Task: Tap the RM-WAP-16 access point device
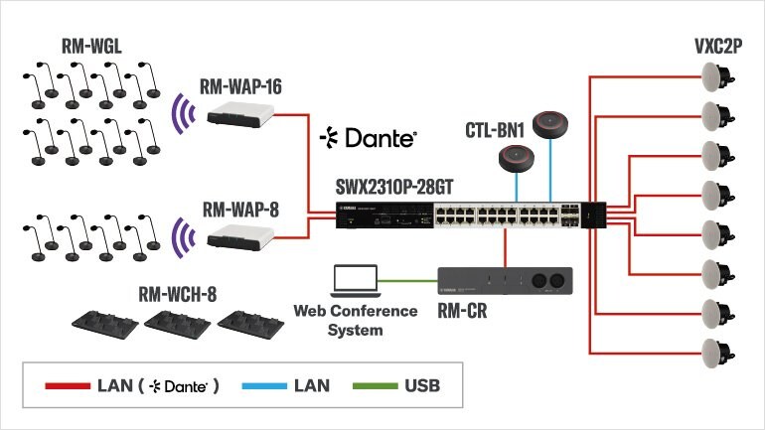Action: coord(241,115)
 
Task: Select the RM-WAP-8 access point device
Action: coord(241,236)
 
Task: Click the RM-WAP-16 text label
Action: coord(241,87)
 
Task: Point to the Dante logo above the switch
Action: coord(368,138)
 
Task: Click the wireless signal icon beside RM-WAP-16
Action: coord(181,113)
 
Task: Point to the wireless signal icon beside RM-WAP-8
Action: coord(181,237)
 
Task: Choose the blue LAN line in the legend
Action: coord(252,384)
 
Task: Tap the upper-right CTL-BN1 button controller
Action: coord(553,124)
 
